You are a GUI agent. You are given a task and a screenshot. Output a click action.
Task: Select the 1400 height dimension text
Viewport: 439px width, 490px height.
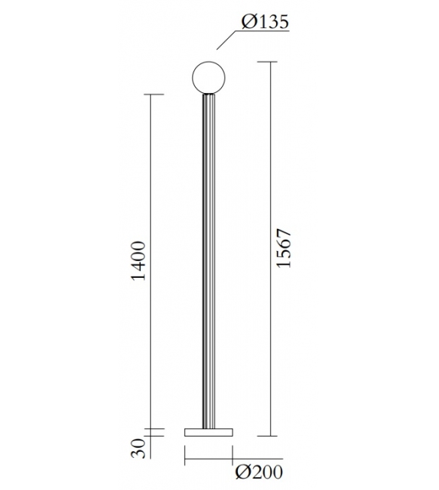pyautogui.click(x=138, y=261)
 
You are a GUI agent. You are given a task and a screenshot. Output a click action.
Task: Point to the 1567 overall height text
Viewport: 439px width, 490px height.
pyautogui.click(x=285, y=247)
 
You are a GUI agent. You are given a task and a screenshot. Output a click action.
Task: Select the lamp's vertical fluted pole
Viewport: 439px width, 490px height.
pyautogui.click(x=208, y=260)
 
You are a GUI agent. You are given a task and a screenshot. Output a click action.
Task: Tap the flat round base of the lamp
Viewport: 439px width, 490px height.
pyautogui.click(x=208, y=432)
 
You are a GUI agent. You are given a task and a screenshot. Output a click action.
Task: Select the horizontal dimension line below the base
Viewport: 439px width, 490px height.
pyautogui.click(x=208, y=461)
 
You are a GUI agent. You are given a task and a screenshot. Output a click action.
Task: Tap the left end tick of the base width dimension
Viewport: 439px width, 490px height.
pyautogui.click(x=184, y=461)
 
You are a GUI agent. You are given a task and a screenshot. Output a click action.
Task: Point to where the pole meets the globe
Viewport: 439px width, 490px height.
pyautogui.click(x=208, y=93)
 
